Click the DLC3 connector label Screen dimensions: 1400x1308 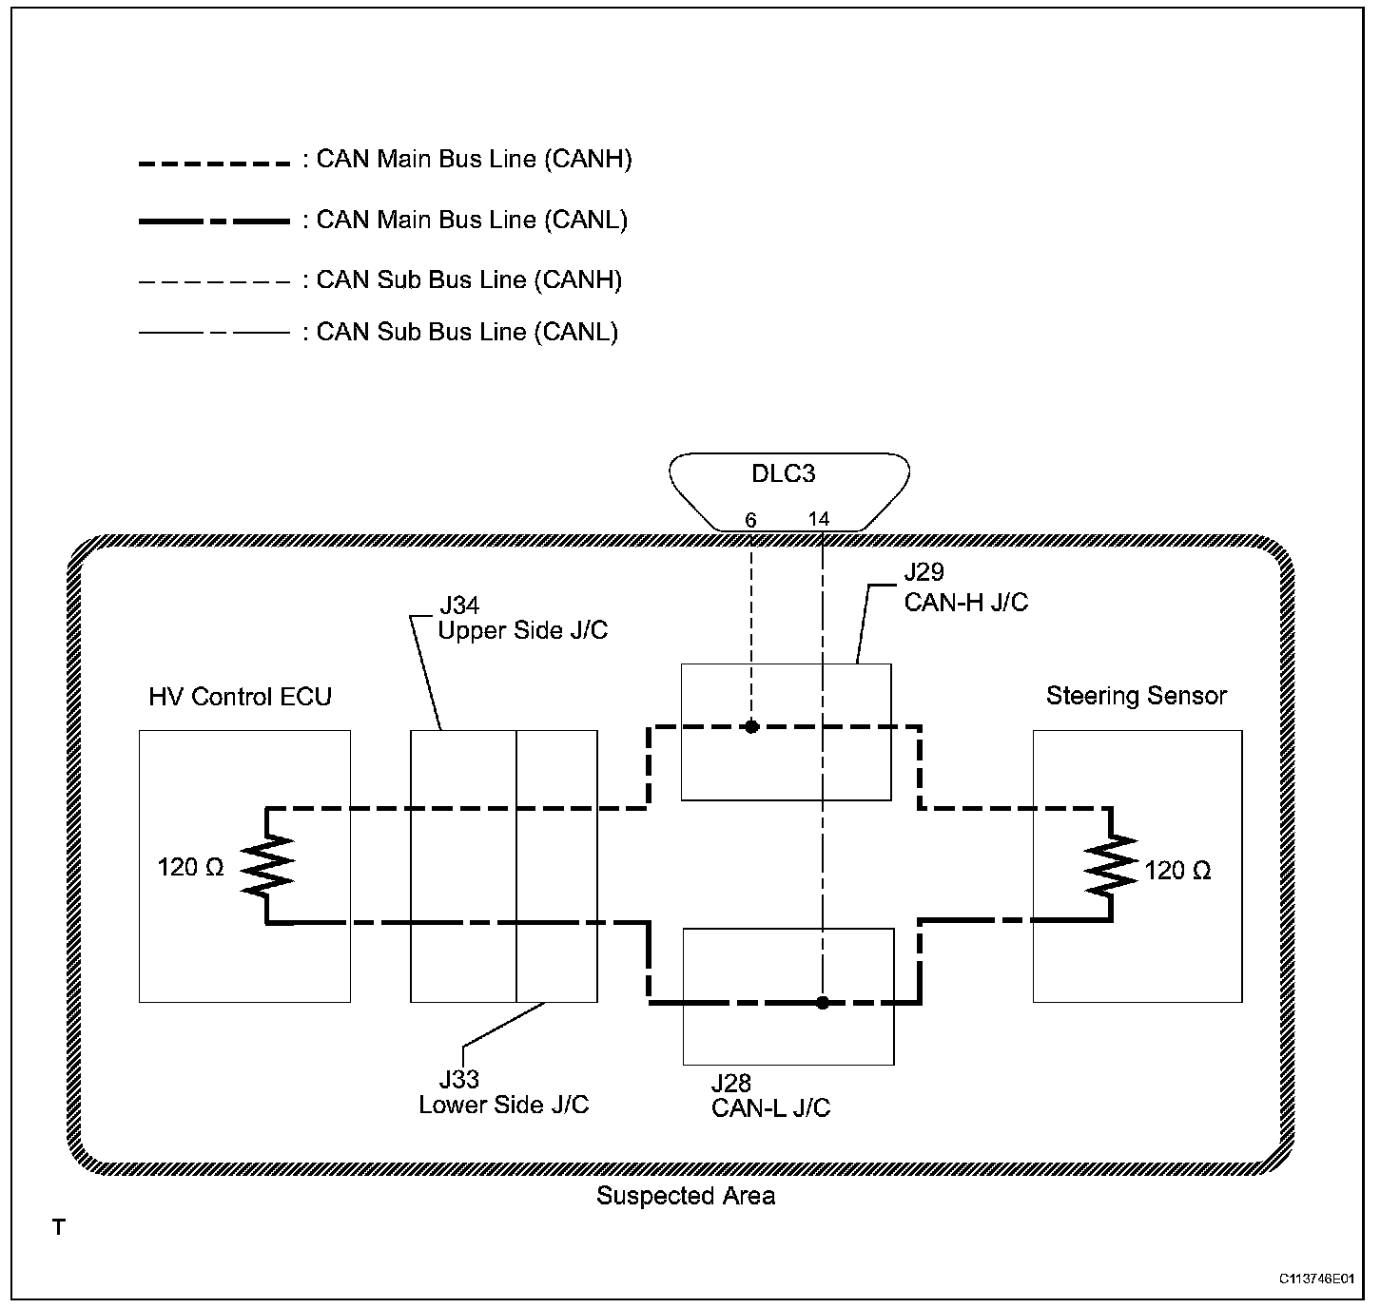tap(783, 473)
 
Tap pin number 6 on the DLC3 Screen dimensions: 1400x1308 tap(750, 520)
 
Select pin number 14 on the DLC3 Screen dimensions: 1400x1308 tap(819, 519)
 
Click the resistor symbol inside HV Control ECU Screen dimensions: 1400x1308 tap(267, 865)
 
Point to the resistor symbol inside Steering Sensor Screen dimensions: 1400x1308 tap(1111, 865)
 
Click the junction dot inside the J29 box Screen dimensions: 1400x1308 tap(751, 726)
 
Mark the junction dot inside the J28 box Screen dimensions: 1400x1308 tap(823, 1003)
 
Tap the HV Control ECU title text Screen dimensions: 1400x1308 tap(240, 697)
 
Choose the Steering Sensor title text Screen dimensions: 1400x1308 tap(1137, 696)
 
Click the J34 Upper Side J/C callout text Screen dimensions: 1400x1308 tap(522, 618)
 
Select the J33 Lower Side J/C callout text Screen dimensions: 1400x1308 tap(503, 1091)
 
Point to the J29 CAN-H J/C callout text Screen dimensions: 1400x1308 tap(965, 587)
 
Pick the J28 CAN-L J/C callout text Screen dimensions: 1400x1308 tap(770, 1095)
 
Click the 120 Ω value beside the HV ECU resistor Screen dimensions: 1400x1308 tap(190, 868)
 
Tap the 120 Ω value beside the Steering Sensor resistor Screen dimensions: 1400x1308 tap(1177, 871)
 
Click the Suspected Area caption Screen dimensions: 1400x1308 tap(686, 1196)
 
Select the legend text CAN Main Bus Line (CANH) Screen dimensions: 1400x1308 tap(474, 160)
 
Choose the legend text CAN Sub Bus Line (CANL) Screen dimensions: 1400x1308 tap(467, 332)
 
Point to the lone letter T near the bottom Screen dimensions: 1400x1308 tap(59, 1227)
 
